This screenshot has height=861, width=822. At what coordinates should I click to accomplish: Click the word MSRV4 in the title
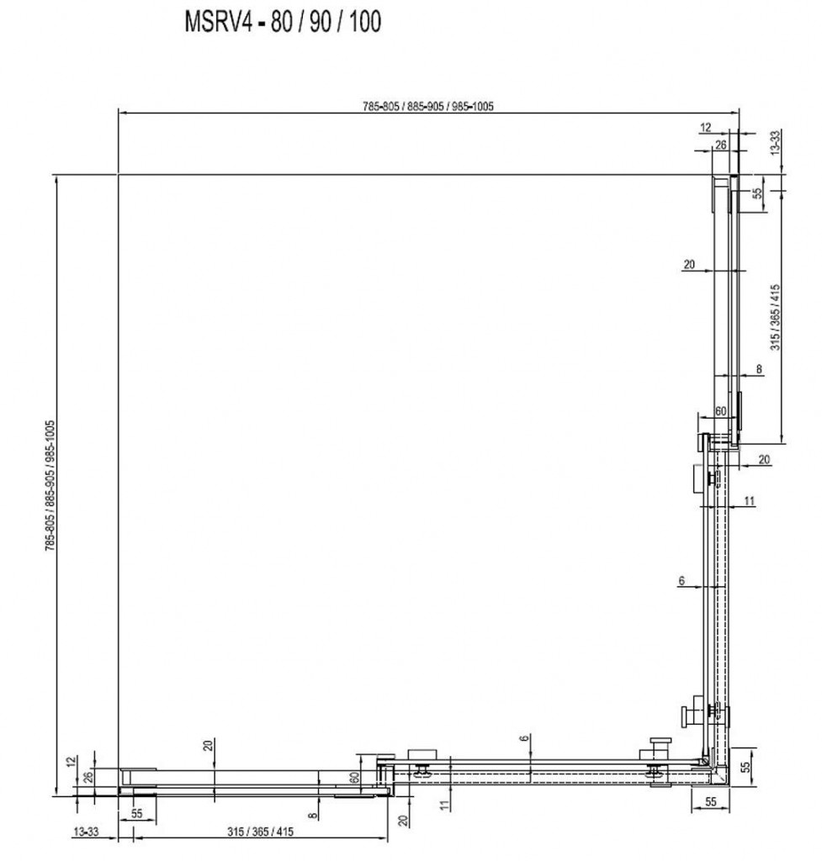point(218,22)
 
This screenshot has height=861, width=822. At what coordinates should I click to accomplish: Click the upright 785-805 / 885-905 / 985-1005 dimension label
point(427,106)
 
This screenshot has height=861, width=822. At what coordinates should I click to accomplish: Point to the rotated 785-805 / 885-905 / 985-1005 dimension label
point(50,485)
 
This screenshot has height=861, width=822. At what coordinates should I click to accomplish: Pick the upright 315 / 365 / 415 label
point(260,832)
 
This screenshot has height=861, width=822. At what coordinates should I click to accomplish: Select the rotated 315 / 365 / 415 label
point(775,317)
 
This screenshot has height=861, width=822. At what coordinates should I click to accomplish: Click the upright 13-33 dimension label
point(86,832)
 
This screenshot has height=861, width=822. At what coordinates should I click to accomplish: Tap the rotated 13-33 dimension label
point(775,142)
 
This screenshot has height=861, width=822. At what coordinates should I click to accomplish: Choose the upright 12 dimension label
point(706,128)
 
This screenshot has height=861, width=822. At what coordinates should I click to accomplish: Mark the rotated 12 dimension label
point(71,762)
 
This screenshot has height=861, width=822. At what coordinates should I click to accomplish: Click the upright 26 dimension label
point(720,145)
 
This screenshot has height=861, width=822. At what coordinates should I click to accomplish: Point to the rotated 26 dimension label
point(88,776)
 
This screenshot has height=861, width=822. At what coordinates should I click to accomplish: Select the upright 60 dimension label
point(720,410)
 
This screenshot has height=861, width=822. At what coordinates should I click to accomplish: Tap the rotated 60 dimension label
point(354,778)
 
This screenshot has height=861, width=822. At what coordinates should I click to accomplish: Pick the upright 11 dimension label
point(750,500)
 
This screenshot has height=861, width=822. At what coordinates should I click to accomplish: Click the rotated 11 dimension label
point(444,805)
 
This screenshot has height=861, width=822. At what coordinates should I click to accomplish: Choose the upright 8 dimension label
point(760,368)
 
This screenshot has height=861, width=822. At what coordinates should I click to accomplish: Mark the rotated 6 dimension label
point(525,738)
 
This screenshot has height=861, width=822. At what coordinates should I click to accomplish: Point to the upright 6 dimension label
point(681,580)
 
